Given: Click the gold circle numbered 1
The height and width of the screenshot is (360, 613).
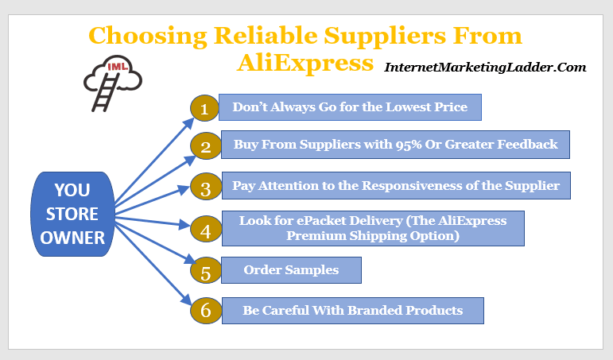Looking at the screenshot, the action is tap(204, 108).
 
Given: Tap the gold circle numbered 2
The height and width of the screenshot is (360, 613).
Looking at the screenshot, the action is tap(206, 145).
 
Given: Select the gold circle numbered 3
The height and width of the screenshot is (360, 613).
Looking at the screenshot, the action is tap(206, 187).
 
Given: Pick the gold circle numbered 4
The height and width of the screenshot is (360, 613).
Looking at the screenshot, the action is tap(206, 229).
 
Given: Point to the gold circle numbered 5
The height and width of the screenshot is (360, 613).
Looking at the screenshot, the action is tap(206, 270).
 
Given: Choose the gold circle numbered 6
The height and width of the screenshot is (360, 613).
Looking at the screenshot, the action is tap(206, 311).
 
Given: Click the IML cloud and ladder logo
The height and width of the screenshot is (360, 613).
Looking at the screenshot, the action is tap(113, 83).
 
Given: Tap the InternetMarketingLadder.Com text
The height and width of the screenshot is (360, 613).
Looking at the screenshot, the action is tap(485, 68).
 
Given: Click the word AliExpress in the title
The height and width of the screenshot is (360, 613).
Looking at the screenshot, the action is tap(305, 63).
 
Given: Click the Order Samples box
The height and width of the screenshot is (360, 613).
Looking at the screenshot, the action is tap(291, 270).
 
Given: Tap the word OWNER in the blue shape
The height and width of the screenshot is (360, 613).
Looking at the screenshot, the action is tap(72, 238).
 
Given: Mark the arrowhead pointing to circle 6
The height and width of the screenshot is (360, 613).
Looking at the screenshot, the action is tap(186, 300).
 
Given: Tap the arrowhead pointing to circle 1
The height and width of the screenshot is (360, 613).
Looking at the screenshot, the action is tap(188, 123).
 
